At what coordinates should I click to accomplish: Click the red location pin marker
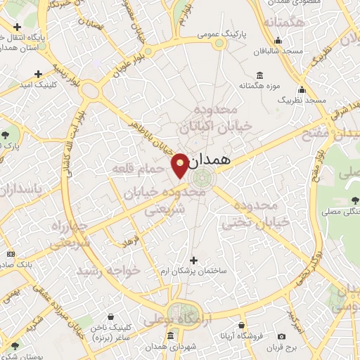point(181,165)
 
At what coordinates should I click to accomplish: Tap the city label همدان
point(210,160)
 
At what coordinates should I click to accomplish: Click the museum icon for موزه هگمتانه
point(260,76)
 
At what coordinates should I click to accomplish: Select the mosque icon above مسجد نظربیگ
point(302,90)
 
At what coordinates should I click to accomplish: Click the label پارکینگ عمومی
point(220,33)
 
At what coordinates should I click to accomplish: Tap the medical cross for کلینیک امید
point(38,73)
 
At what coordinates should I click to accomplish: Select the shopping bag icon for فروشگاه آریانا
point(242,326)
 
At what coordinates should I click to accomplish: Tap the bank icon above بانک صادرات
point(10,253)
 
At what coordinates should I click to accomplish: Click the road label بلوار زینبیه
point(86,77)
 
